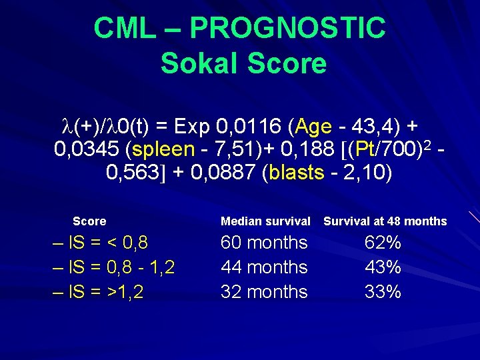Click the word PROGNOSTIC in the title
tap(287, 28)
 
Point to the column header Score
tap(89, 221)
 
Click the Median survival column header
tap(265, 221)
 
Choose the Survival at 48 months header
tap(385, 221)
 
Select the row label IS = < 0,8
tap(101, 243)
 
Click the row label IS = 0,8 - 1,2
tap(114, 267)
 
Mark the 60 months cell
tap(264, 243)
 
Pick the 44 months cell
tap(264, 267)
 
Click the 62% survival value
tap(383, 243)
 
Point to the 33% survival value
tap(383, 292)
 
